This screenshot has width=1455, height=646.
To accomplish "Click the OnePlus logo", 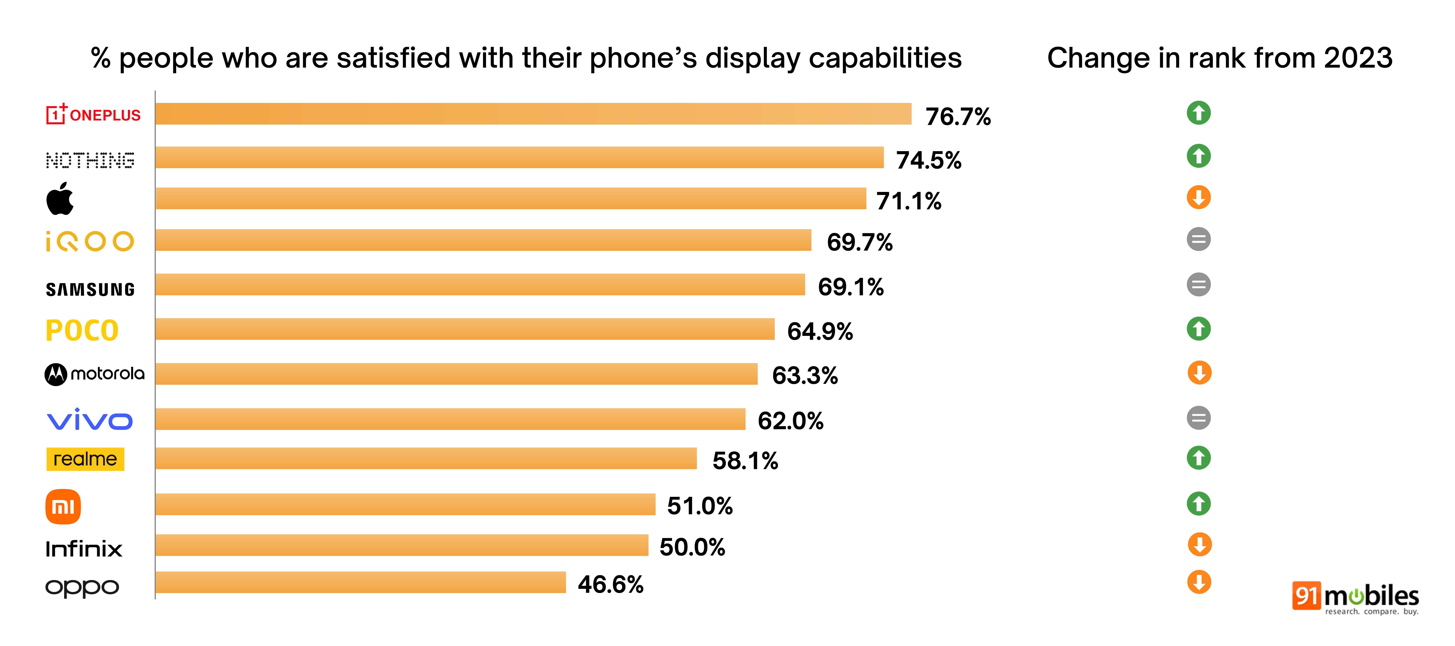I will (93, 115).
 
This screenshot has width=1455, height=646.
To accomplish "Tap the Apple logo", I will (60, 199).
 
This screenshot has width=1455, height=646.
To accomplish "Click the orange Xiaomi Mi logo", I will (63, 506).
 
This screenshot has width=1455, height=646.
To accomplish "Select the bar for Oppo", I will (360, 582).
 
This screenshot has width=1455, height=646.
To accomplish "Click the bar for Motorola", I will (456, 374).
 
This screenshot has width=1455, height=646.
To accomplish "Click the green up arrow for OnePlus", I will (1199, 113).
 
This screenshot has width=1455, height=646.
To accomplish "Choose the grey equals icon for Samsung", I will (1199, 285).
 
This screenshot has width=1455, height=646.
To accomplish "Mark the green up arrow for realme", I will (1199, 458).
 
